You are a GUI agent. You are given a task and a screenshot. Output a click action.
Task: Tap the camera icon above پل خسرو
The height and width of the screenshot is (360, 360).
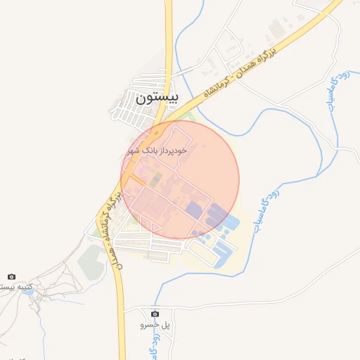pyautogui.click(x=155, y=313)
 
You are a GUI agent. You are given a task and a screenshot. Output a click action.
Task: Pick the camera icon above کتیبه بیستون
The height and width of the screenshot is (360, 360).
pyautogui.click(x=11, y=277)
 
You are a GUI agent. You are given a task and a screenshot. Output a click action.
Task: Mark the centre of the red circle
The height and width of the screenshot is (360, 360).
pyautogui.click(x=180, y=180)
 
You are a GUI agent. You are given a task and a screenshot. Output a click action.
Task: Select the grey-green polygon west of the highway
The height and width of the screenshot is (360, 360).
pyautogui.click(x=91, y=262)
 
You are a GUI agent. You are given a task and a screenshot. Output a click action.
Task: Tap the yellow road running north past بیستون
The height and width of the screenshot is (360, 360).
pyautogui.click(x=169, y=35)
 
